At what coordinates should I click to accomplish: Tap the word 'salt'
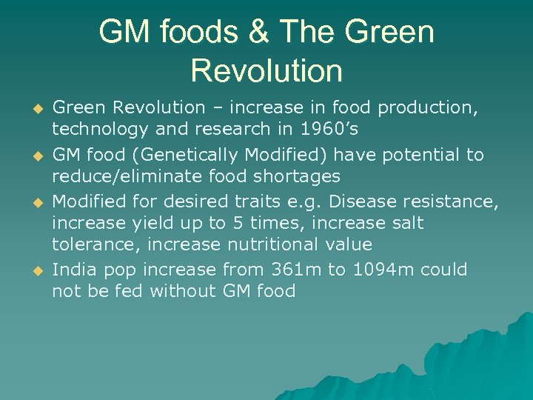406,223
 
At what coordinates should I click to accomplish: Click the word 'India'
73,270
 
